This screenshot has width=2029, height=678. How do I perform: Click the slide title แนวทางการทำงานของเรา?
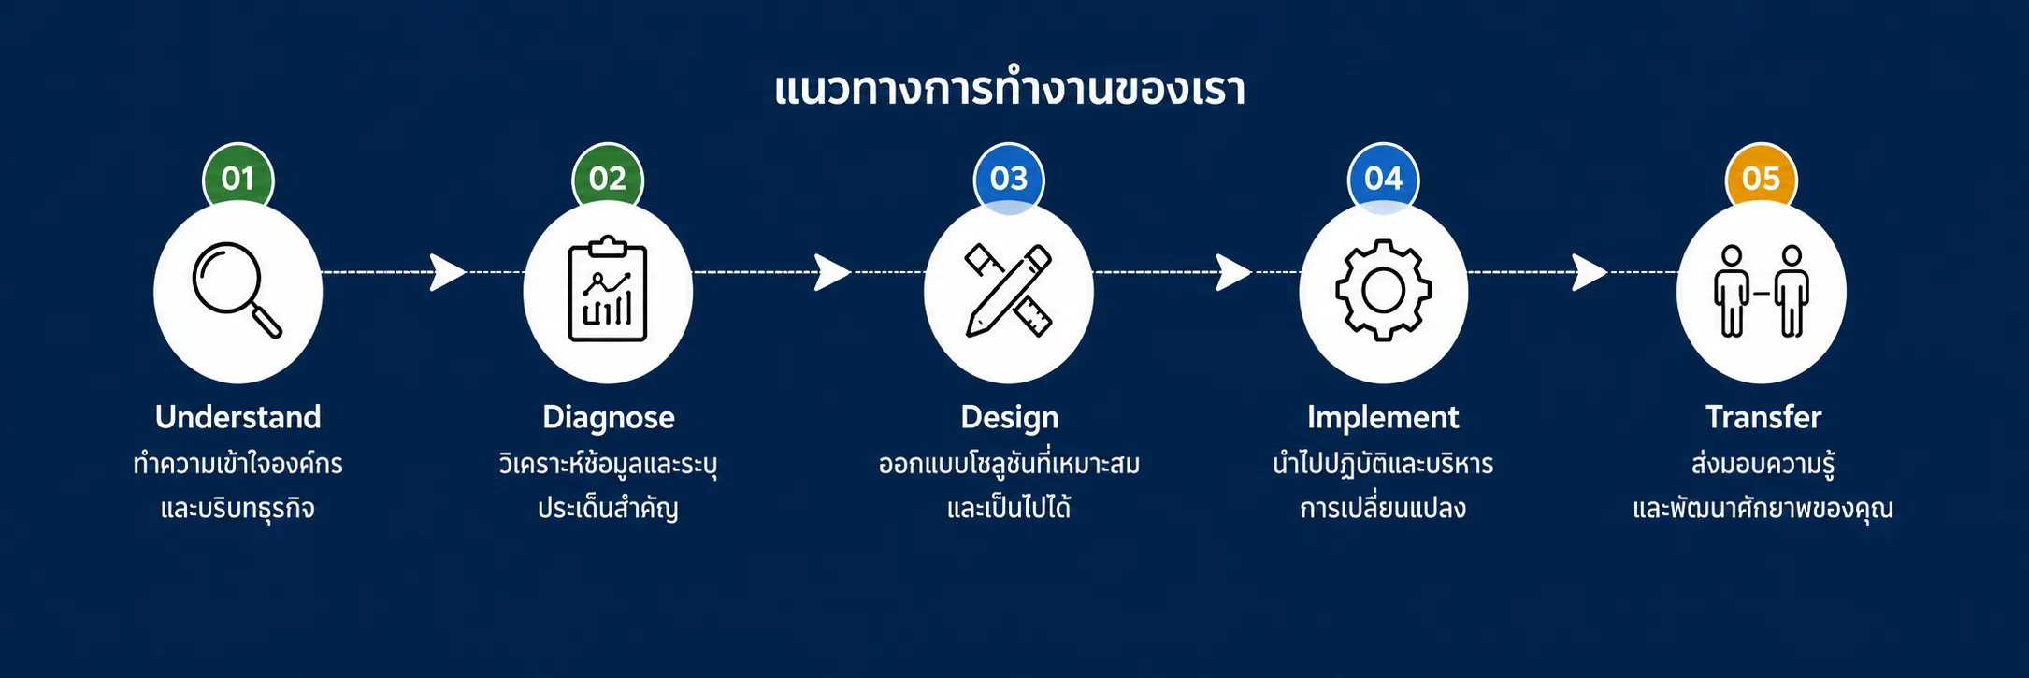click(x=1010, y=89)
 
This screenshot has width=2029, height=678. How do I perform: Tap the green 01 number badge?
click(x=238, y=177)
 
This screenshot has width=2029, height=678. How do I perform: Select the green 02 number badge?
click(x=608, y=177)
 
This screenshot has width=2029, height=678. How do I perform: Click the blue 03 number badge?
click(x=1009, y=178)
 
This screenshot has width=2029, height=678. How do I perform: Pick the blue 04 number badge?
click(x=1384, y=178)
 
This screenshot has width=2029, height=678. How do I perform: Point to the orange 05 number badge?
click(x=1762, y=177)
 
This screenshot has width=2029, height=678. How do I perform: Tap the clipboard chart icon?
click(x=608, y=289)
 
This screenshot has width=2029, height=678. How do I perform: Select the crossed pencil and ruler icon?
click(x=1009, y=290)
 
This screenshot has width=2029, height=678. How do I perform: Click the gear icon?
click(x=1384, y=290)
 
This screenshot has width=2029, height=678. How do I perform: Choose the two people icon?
click(x=1762, y=291)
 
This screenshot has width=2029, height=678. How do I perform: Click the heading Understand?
click(x=238, y=417)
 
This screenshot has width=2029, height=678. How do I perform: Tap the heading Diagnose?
click(x=609, y=417)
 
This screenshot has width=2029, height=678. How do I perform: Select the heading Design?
click(x=1010, y=417)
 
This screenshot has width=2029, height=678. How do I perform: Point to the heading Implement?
click(x=1383, y=417)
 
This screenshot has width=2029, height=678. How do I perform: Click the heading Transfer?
click(x=1763, y=417)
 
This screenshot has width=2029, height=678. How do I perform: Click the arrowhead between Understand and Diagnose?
click(x=448, y=272)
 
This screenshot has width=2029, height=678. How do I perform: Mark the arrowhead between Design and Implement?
click(x=1234, y=272)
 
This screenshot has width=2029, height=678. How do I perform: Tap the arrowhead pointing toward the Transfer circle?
click(x=1590, y=272)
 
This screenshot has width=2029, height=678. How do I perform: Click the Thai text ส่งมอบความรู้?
click(x=1763, y=463)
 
